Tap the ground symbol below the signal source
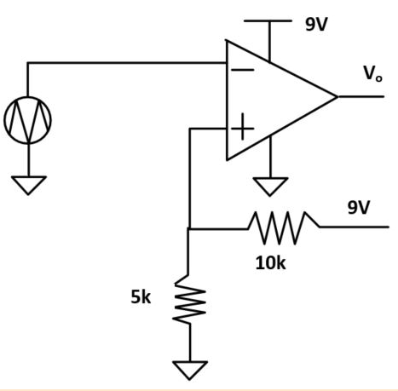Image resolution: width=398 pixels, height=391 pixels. point(28,185)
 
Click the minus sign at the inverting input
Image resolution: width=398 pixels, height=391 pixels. point(243,70)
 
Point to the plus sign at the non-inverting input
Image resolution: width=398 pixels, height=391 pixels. point(242,127)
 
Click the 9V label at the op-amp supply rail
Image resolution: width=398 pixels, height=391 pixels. point(316,25)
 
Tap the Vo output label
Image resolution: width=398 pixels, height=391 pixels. point(373,73)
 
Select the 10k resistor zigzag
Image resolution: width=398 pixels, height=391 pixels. point(284,227)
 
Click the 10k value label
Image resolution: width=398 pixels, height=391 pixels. point(270,263)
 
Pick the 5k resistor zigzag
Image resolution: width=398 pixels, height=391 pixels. point(189,300)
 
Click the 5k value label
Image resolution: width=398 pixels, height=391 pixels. point(141,297)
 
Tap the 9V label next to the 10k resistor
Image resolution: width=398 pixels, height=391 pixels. point(359,207)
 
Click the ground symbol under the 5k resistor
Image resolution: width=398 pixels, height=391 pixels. point(190,370)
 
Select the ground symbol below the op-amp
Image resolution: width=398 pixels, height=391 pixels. point(270,187)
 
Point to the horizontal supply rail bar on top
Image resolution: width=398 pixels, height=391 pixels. point(268,20)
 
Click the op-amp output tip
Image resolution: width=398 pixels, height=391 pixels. point(337,97)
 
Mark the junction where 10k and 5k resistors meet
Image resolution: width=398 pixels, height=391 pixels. point(188,228)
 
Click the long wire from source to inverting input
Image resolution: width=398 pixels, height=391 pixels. point(127,63)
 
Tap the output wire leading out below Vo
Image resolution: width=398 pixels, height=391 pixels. point(361,97)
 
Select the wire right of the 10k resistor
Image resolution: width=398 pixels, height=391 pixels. point(354,227)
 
